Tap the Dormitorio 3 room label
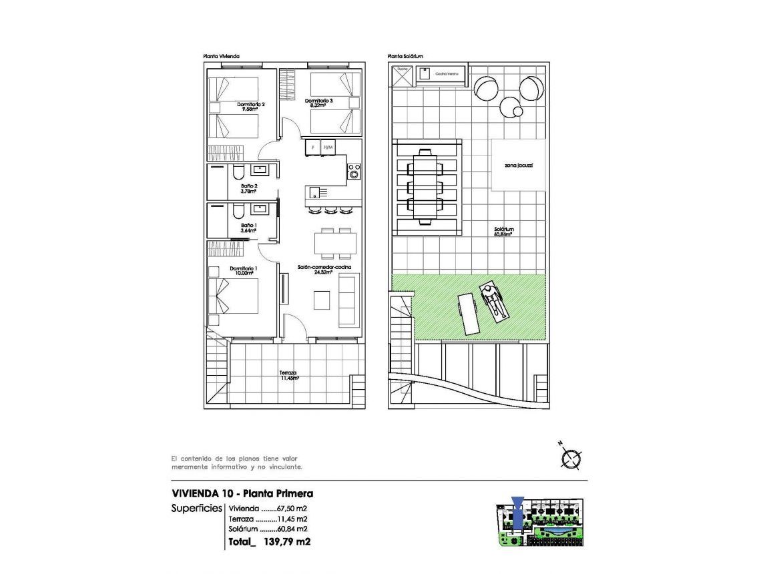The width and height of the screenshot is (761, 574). coord(318,103)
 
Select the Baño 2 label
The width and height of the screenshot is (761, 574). coord(249,188)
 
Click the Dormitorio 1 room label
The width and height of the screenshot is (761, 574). coord(244,270)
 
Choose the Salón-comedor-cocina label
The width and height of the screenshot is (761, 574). coord(325,270)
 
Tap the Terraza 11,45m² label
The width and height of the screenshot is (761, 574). coord(289,375)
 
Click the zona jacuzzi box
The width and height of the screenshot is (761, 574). coord(519,164)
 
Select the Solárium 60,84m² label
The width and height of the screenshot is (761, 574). coord(504,231)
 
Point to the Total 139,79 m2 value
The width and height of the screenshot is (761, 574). coord(268,542)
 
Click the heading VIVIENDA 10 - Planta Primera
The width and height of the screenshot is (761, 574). coord(242,494)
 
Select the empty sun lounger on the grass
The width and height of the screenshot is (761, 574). coord(467,314)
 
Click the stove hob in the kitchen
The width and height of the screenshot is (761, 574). coord(354,172)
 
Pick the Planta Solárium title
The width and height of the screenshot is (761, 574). coord(405,57)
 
